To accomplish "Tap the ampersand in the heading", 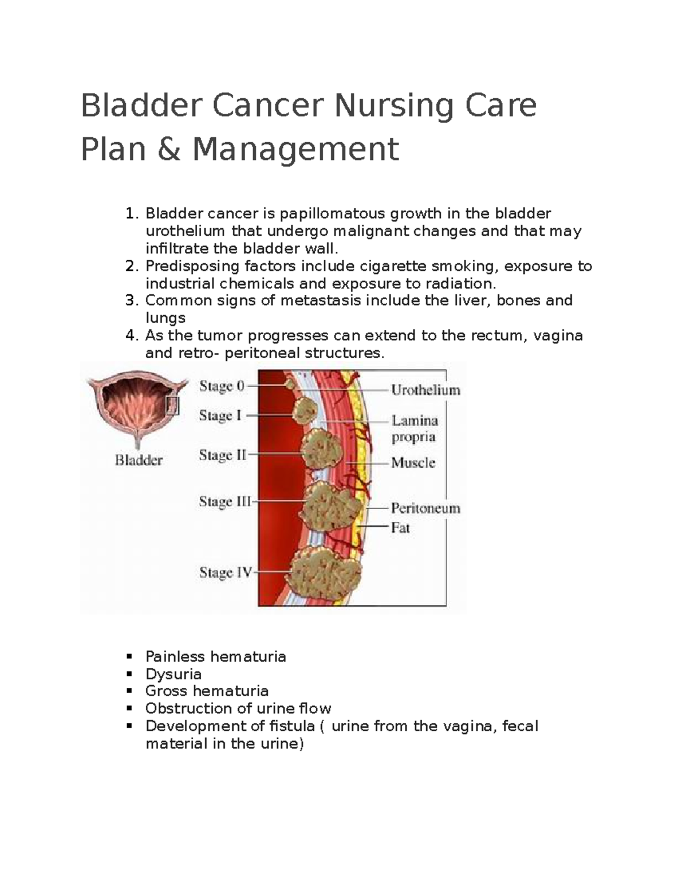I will click(x=164, y=149).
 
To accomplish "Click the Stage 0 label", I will click(x=221, y=386).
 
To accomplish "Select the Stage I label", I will click(x=220, y=416).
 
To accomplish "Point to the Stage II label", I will click(x=223, y=455).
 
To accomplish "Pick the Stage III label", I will click(x=225, y=501).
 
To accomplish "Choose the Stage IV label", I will click(x=225, y=573).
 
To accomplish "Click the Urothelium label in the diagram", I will click(x=425, y=390).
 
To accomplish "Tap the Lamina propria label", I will click(x=415, y=429).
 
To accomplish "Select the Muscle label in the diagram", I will click(x=413, y=463).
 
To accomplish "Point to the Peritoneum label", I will click(x=425, y=508).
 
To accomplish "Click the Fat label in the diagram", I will click(x=400, y=528).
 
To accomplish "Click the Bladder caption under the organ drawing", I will click(x=138, y=460).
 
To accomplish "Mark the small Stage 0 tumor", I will click(x=290, y=384).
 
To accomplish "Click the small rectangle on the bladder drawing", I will click(x=172, y=405).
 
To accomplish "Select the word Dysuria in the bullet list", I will click(x=173, y=674).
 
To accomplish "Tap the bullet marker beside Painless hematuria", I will click(x=129, y=656).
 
